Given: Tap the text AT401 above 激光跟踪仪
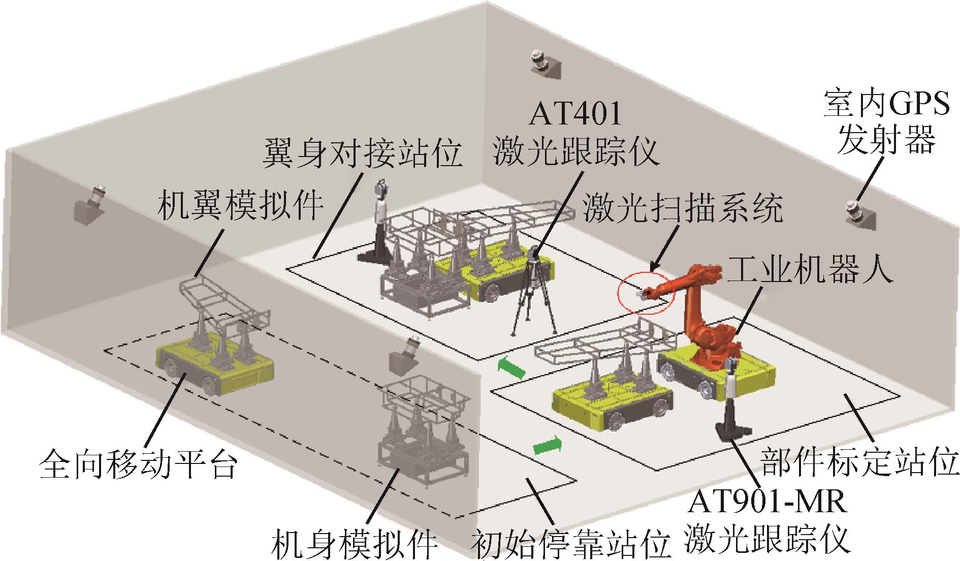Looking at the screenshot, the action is (x=575, y=114).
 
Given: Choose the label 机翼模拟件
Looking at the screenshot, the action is (x=240, y=205).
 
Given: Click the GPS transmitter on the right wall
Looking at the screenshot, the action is (x=861, y=214).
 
